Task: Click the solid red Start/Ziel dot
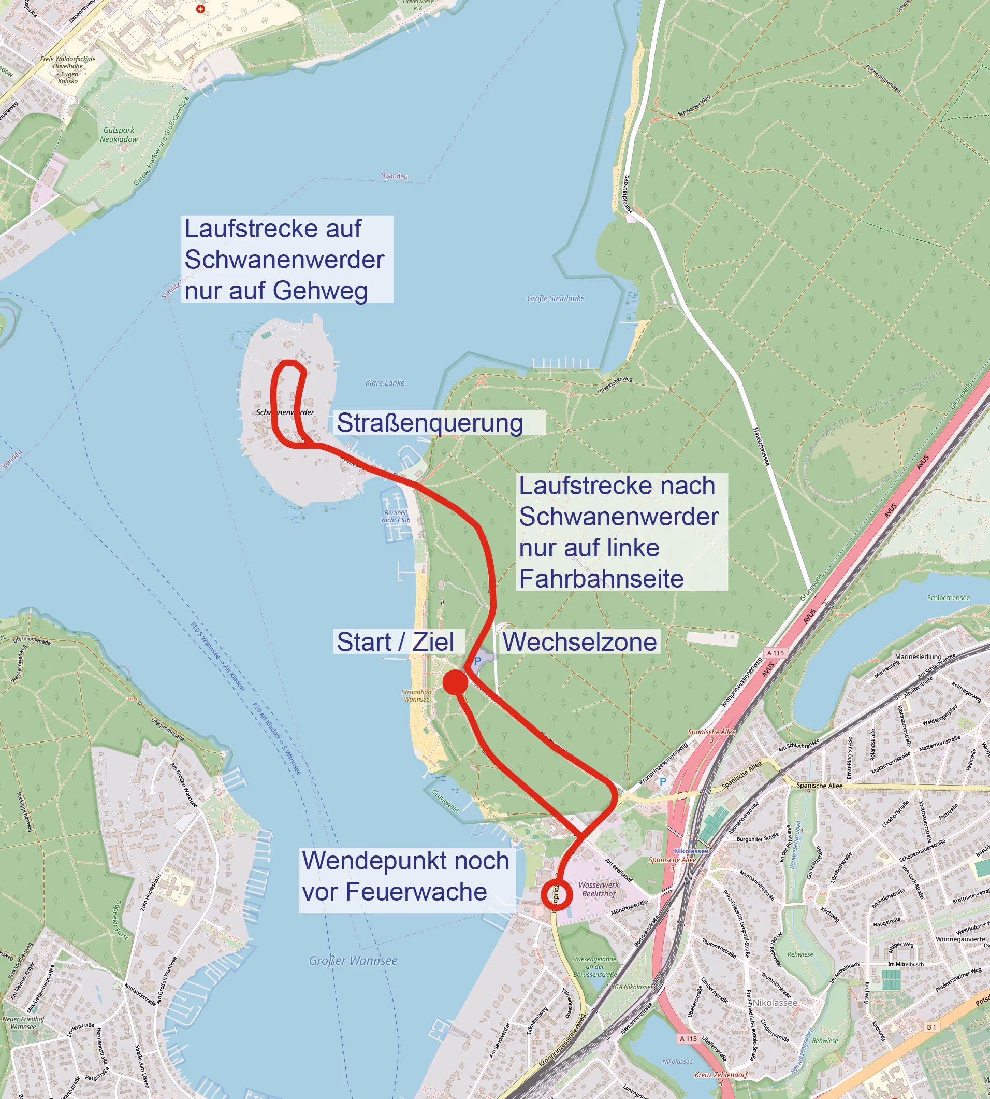(x=455, y=682)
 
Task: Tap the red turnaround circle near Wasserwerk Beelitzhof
(x=557, y=894)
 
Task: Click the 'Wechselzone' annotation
(x=579, y=642)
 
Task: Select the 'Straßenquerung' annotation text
(x=430, y=423)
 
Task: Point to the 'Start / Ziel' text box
(x=396, y=642)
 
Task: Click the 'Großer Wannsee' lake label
(x=353, y=961)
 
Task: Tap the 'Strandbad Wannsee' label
(x=416, y=696)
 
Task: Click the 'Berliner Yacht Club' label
(x=396, y=516)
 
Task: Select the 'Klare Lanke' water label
(x=385, y=383)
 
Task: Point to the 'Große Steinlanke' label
(x=556, y=298)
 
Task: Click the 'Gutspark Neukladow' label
(x=119, y=134)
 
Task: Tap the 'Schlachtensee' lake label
(x=948, y=597)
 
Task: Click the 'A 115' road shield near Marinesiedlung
(x=776, y=653)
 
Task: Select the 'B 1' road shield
(x=931, y=1026)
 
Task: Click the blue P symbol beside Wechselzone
(x=477, y=661)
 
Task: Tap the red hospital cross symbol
(x=200, y=9)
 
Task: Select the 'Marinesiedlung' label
(x=918, y=656)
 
